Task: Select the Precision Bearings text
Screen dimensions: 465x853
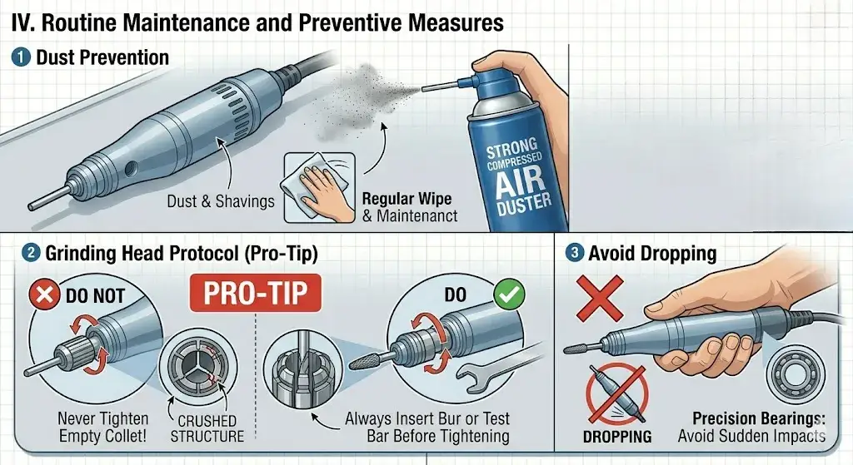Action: click(x=757, y=419)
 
